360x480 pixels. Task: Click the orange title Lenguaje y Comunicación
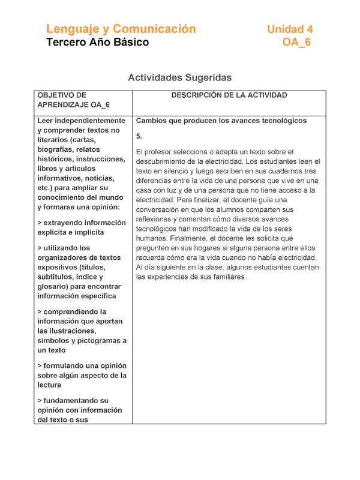click(x=121, y=29)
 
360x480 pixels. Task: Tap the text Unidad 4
click(x=290, y=29)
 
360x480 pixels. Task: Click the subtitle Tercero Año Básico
click(x=97, y=42)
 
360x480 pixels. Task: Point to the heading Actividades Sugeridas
click(x=180, y=77)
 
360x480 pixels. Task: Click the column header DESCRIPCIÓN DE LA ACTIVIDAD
click(x=229, y=95)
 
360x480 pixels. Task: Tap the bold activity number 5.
click(x=139, y=136)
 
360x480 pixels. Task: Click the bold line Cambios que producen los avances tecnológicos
click(x=221, y=121)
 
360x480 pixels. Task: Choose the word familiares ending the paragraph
click(x=227, y=277)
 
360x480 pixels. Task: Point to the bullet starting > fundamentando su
click(x=74, y=400)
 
